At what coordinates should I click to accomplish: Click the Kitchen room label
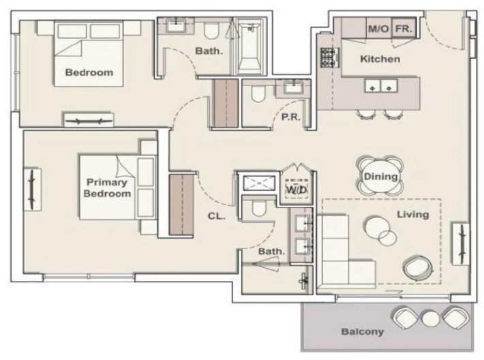click(380, 59)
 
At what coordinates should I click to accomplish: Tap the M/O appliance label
click(378, 29)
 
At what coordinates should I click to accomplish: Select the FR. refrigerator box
click(404, 29)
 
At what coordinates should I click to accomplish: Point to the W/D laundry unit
click(297, 189)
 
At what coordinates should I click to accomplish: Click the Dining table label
click(380, 177)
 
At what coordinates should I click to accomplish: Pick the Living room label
click(412, 214)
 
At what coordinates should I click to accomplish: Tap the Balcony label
click(363, 331)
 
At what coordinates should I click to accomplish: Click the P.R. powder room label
click(290, 117)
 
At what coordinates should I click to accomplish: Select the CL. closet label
click(216, 216)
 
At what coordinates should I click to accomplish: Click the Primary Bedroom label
click(107, 187)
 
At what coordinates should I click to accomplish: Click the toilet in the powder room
click(258, 93)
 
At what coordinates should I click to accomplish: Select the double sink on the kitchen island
click(381, 86)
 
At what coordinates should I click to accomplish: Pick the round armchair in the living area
click(417, 267)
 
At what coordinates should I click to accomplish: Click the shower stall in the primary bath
click(258, 183)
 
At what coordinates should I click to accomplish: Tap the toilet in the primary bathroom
click(259, 208)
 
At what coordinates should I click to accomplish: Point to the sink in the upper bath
click(177, 25)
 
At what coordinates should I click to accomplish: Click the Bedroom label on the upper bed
click(89, 72)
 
